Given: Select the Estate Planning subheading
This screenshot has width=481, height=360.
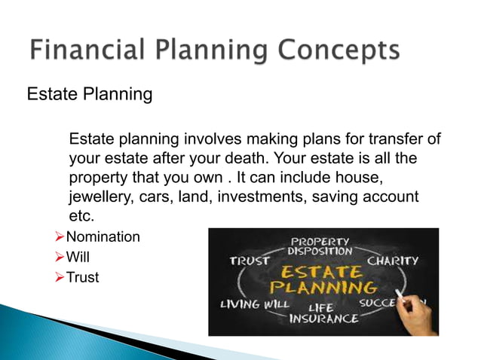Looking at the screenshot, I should point(90,95).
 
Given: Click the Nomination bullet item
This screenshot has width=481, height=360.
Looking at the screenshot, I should point(103,237).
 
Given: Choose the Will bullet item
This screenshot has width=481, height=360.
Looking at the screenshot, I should point(78,258).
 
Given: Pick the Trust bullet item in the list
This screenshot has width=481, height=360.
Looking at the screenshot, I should point(82,278).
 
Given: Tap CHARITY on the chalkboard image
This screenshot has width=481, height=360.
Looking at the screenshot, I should point(393,261).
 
